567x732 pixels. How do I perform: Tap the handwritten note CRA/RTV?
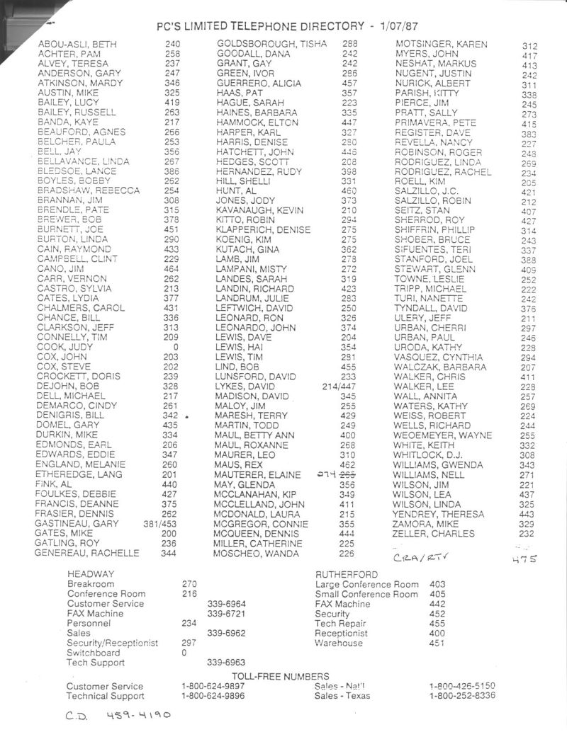pyautogui.click(x=421, y=556)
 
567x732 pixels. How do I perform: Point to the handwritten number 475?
pyautogui.click(x=524, y=558)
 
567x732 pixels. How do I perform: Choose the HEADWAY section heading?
pyautogui.click(x=91, y=573)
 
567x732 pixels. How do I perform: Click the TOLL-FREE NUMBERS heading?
pyautogui.click(x=281, y=676)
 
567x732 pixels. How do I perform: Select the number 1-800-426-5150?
pyautogui.click(x=462, y=686)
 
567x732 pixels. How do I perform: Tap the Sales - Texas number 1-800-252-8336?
pyautogui.click(x=462, y=696)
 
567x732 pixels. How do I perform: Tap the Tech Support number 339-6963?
pyautogui.click(x=226, y=663)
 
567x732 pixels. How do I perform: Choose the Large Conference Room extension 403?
pyautogui.click(x=437, y=584)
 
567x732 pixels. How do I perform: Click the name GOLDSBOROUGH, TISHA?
pyautogui.click(x=271, y=44)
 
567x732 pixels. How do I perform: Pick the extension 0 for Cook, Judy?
pyautogui.click(x=175, y=348)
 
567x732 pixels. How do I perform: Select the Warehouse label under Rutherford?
pyautogui.click(x=339, y=644)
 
